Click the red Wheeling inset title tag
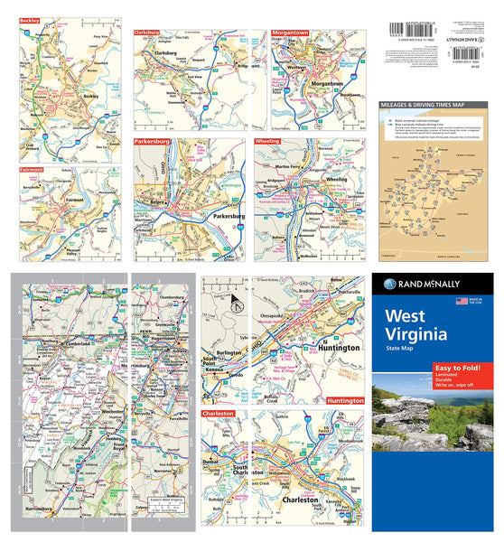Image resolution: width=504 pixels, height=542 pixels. click(x=268, y=142)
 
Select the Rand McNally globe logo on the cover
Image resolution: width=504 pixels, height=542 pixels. click(x=389, y=284)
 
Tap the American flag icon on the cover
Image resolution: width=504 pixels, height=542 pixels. click(x=462, y=300)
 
